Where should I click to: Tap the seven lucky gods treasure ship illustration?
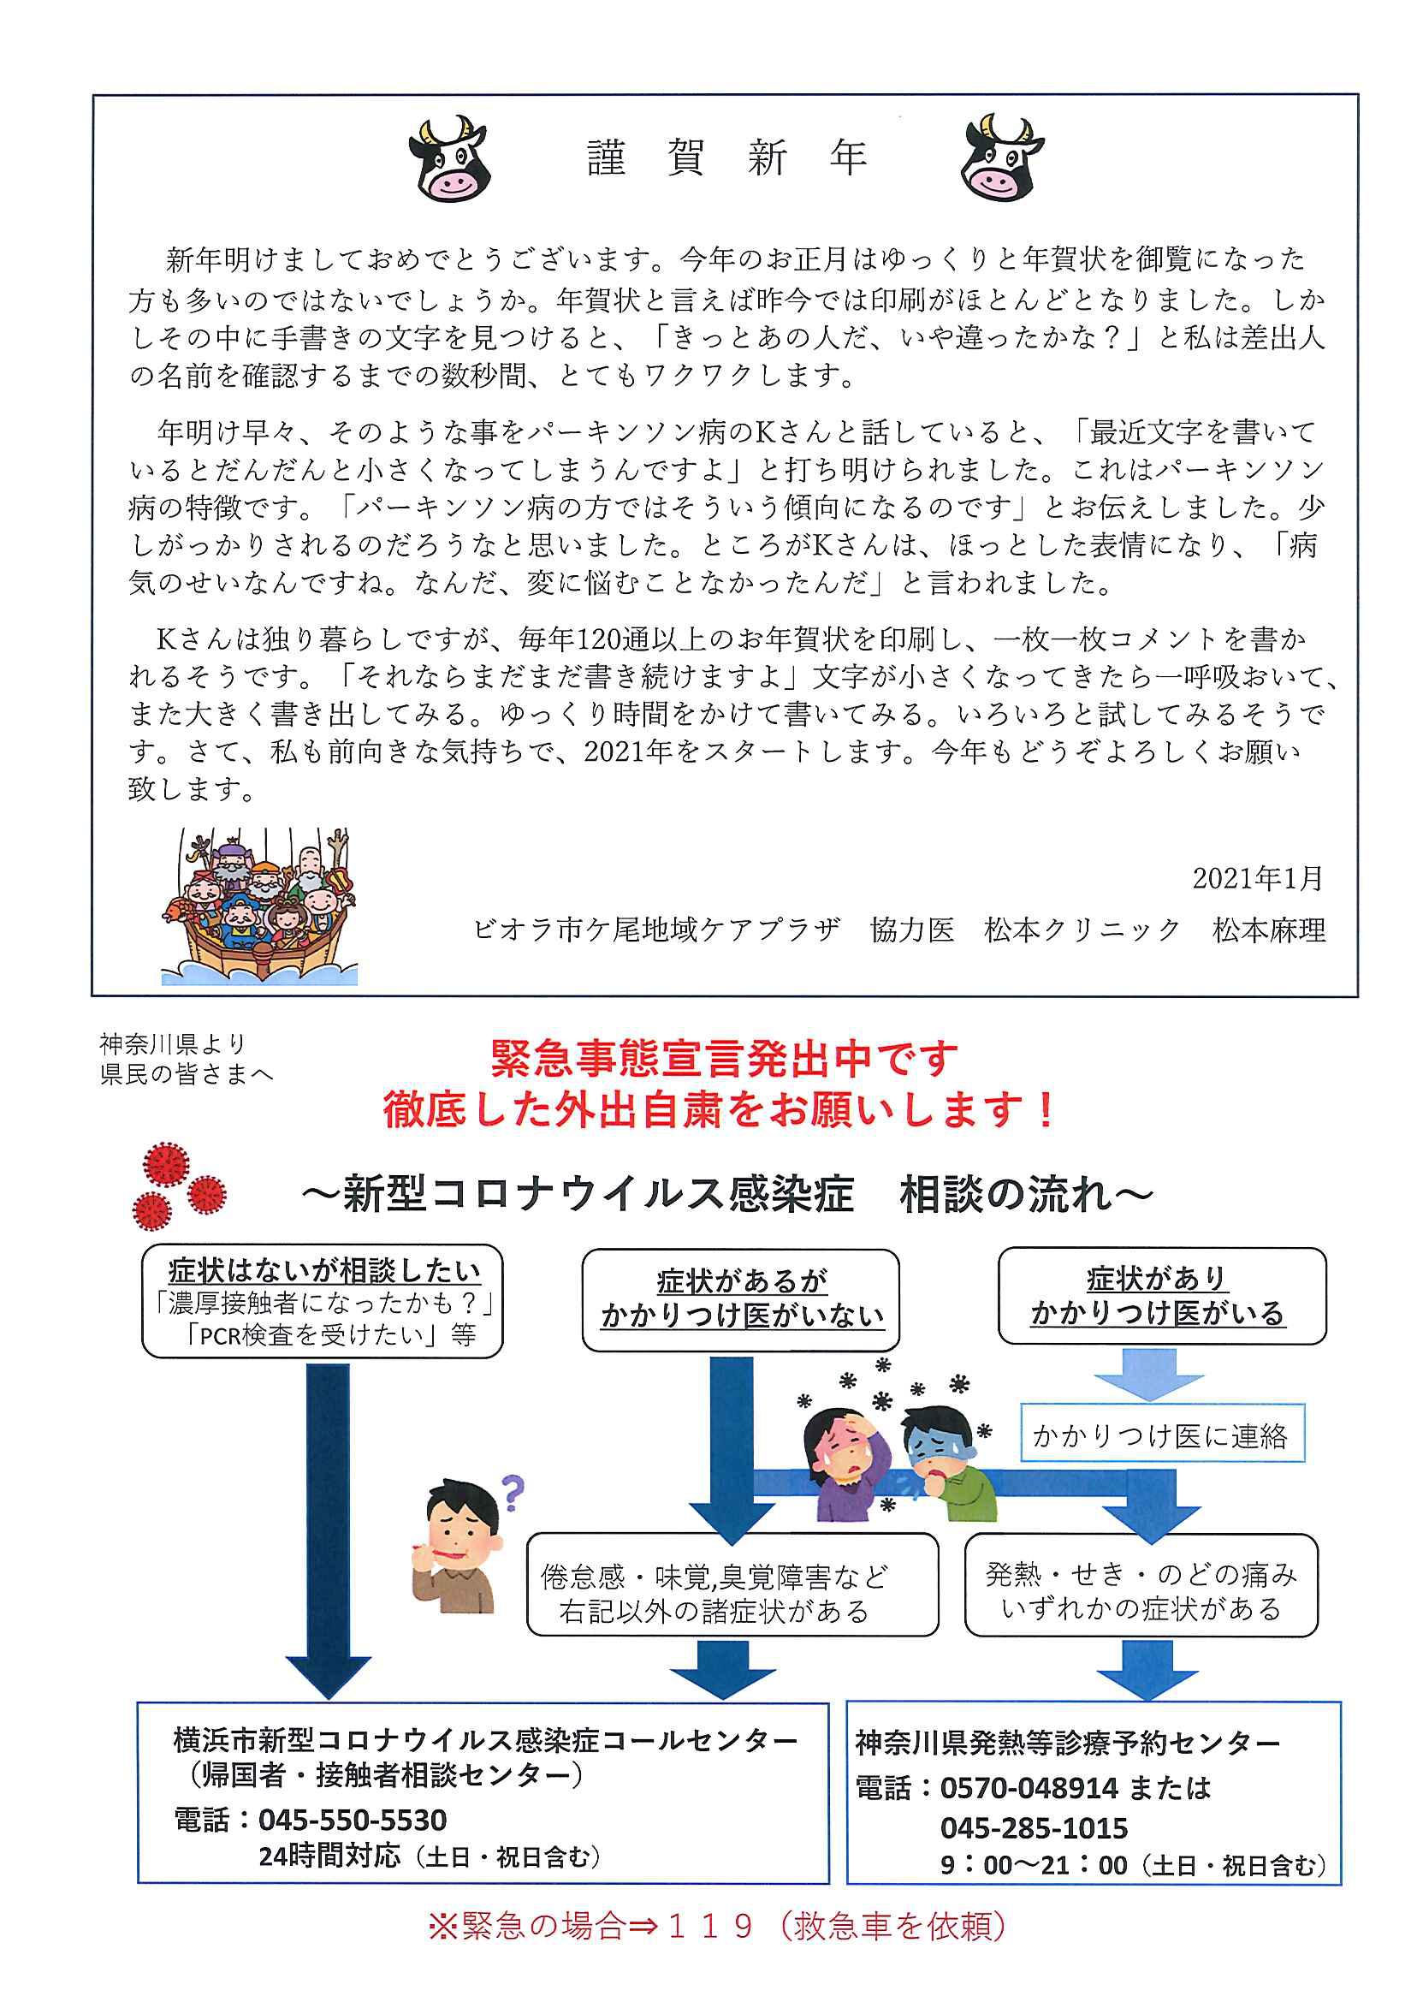point(260,906)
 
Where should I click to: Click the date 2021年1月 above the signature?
point(1257,878)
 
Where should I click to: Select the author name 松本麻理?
point(1269,930)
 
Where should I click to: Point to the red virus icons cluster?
point(180,1185)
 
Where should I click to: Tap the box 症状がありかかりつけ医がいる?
point(1161,1296)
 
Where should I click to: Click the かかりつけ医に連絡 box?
point(1162,1435)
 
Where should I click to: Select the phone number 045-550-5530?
point(353,1819)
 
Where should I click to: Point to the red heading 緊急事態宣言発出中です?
point(724,1060)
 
